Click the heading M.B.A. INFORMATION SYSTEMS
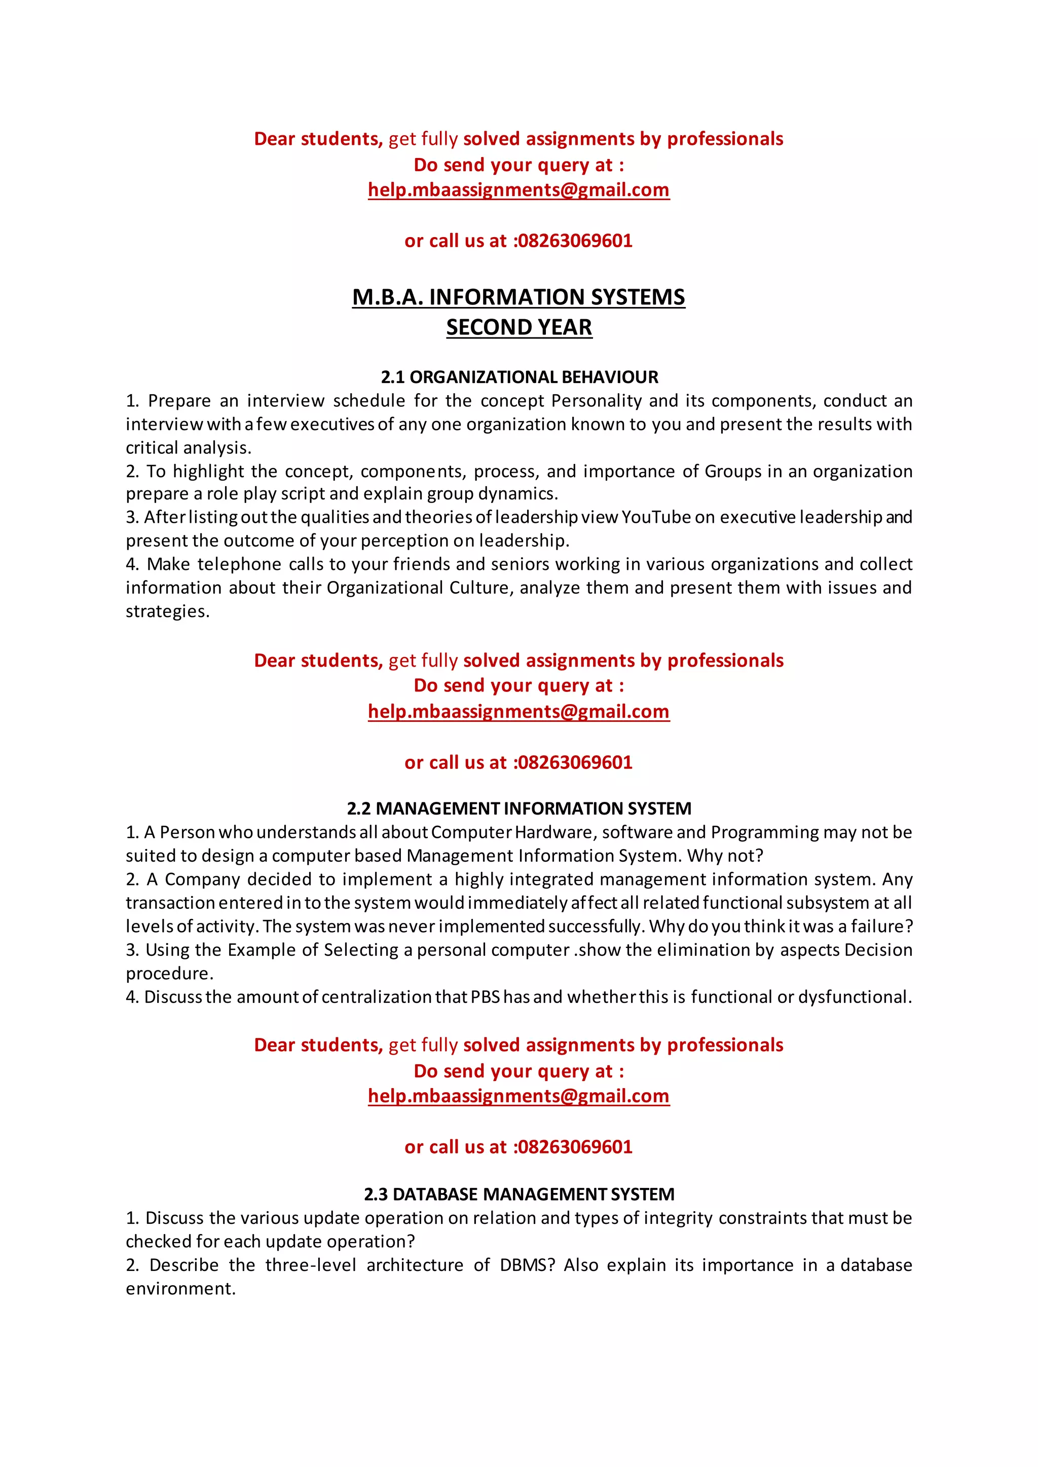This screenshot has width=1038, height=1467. [518, 297]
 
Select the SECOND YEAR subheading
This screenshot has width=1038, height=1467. [519, 327]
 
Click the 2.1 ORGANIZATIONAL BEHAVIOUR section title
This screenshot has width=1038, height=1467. [519, 377]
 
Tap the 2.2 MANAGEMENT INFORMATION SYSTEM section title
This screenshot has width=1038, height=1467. [519, 808]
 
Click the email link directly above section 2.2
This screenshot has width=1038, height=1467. [518, 711]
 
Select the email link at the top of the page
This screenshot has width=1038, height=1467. [518, 190]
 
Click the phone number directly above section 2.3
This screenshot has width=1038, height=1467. [575, 1147]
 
